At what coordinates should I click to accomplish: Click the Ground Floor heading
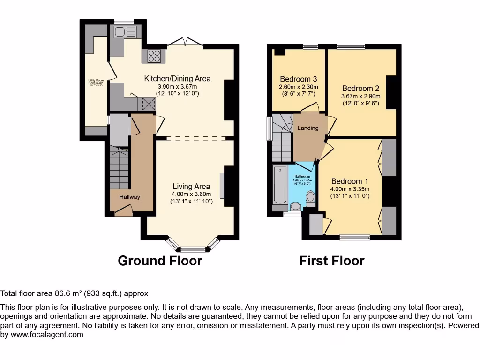[x=160, y=261]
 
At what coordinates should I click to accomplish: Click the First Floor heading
[x=332, y=261]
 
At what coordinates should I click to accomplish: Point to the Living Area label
[x=191, y=186]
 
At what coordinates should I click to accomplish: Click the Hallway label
[x=129, y=197]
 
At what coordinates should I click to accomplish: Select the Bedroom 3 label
[x=299, y=79]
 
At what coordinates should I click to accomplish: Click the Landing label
[x=308, y=128]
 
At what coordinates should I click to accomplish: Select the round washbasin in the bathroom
[x=296, y=206]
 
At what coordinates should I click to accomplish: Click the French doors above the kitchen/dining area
[x=185, y=43]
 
